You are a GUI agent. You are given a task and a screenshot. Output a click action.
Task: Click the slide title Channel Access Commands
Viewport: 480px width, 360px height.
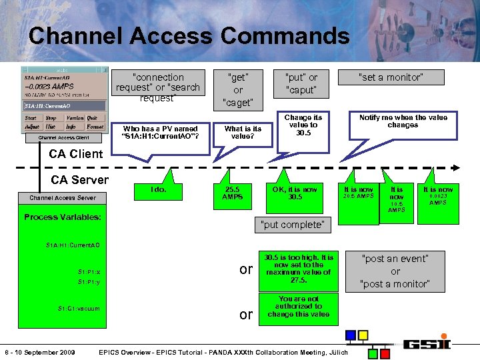[189, 35]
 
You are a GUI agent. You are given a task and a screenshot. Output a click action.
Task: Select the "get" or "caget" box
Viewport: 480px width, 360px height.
[238, 89]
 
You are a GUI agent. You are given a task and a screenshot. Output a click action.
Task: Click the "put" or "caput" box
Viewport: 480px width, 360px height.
[301, 83]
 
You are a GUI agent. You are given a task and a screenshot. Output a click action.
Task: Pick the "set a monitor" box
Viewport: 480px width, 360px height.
[391, 77]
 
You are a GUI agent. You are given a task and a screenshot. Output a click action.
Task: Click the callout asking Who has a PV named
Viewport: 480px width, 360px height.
[161, 133]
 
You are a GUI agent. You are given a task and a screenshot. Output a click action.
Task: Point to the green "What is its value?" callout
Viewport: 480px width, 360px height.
[243, 132]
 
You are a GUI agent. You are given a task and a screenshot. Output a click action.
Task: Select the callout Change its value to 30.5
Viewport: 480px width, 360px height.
[303, 125]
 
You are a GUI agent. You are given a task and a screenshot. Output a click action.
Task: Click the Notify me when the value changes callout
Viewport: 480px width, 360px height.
[403, 121]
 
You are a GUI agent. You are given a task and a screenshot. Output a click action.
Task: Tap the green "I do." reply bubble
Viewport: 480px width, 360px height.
[159, 190]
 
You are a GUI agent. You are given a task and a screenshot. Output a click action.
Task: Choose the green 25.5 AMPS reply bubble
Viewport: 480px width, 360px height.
[232, 193]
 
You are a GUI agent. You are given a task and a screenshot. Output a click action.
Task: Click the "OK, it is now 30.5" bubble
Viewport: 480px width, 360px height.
[295, 193]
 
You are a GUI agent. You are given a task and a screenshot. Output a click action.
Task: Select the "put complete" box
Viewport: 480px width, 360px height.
[292, 225]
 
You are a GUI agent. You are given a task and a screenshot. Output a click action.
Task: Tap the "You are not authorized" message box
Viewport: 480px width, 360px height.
[298, 307]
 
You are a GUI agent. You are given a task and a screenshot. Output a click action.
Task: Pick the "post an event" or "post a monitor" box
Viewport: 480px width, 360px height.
[395, 271]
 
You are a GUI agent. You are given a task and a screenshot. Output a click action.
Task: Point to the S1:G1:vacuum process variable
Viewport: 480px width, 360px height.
[79, 308]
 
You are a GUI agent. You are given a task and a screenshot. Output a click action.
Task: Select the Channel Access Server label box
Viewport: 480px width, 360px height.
[62, 198]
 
